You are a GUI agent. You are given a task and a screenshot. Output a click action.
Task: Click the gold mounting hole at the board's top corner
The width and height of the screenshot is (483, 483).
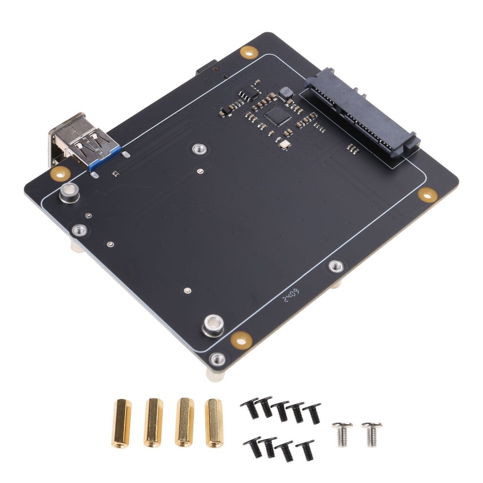click(x=248, y=51)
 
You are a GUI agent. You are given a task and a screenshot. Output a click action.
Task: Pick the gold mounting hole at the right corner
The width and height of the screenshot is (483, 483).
click(x=427, y=194)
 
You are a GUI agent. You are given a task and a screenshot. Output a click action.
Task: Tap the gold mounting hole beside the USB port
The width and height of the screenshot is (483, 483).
click(x=60, y=173)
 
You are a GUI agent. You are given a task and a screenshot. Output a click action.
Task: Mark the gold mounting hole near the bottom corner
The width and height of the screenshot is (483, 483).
click(x=241, y=338)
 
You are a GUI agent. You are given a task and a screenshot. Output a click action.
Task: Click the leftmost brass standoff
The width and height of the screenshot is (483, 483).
click(x=121, y=423)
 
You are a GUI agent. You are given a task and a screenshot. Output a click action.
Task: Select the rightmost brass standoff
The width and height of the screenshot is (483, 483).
click(x=214, y=423)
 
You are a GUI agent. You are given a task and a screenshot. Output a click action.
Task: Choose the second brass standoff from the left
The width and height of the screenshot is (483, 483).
click(x=153, y=423)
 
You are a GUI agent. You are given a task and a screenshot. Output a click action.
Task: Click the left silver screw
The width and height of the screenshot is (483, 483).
click(x=342, y=433)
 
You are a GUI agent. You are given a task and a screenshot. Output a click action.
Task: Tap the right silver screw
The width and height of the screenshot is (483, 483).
click(x=372, y=433)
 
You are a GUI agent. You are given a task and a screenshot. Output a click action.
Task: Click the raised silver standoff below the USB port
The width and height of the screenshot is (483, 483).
click(x=69, y=192)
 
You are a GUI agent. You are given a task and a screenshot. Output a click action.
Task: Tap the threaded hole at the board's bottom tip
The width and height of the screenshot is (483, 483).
click(x=217, y=359)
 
